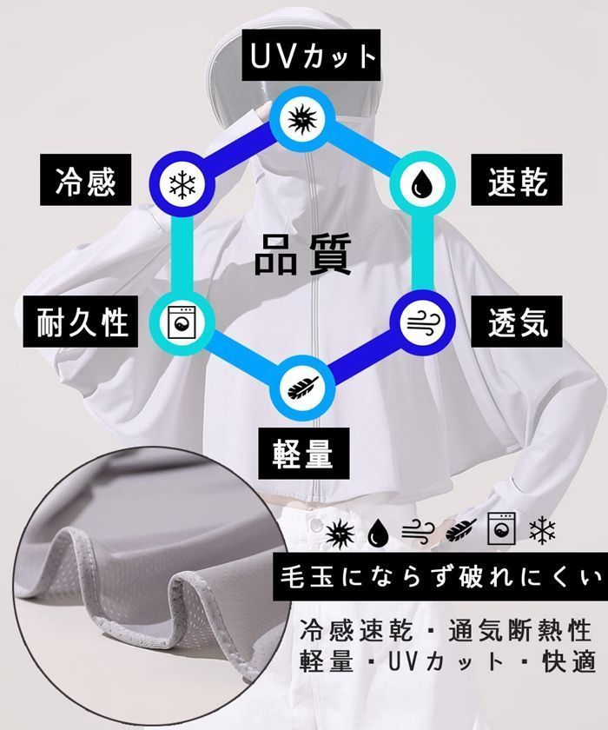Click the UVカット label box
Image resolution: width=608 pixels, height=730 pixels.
pos(311,56)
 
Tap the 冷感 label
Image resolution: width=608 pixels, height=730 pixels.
pos(85,180)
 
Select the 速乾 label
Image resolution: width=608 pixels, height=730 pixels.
pos(516,180)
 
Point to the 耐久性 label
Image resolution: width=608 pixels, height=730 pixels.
pos(81,322)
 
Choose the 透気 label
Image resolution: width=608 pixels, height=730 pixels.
pos(516,322)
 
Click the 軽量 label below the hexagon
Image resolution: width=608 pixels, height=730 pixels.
pos(303,454)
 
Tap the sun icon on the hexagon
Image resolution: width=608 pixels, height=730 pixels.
pos(302,119)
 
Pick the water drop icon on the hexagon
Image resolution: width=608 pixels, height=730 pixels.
pos(421,182)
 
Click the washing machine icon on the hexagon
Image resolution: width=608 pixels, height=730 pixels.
pos(182,322)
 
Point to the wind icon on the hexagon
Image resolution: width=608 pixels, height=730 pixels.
pos(422,322)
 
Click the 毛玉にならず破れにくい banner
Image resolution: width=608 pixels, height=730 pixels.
pos(440,577)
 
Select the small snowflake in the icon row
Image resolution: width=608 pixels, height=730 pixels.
pos(542,530)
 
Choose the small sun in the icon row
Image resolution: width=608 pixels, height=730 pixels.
pos(340,532)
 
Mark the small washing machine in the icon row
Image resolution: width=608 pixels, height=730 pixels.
pos(501,528)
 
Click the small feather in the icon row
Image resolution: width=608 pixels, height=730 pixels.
pos(460,530)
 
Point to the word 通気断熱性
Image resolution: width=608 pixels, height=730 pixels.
pos(519,631)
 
